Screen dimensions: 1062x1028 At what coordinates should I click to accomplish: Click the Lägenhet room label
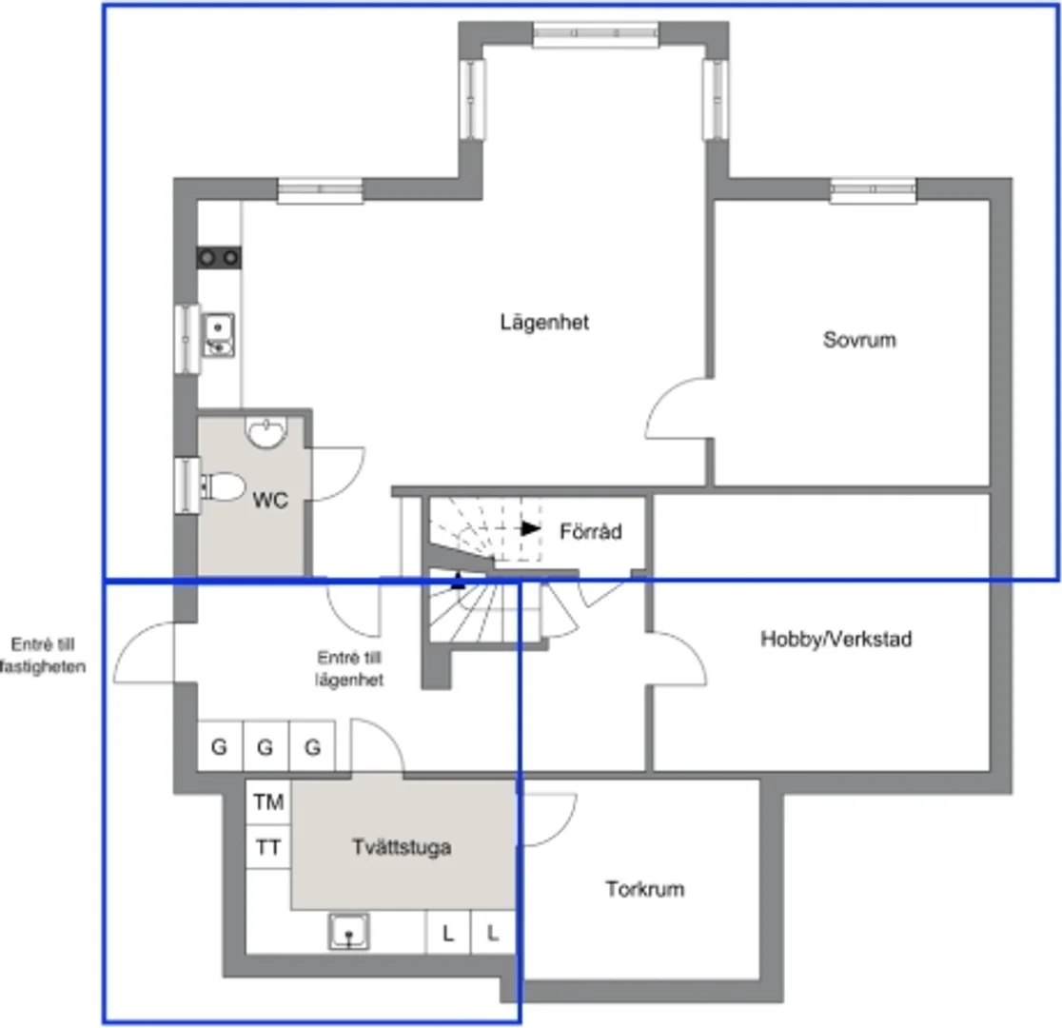(x=544, y=323)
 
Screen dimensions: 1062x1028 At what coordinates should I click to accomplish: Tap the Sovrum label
(x=859, y=340)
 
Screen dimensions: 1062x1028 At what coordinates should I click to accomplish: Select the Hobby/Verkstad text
(x=836, y=639)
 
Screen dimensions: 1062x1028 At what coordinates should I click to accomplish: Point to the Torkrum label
(x=645, y=889)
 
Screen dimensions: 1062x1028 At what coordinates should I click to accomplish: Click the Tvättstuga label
(x=402, y=847)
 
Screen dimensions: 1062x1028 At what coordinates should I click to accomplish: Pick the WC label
(x=270, y=500)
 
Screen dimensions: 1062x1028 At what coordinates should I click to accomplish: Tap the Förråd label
(x=591, y=531)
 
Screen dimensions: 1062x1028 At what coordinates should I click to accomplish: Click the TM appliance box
(x=268, y=802)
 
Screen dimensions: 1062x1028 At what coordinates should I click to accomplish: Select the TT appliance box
(x=268, y=847)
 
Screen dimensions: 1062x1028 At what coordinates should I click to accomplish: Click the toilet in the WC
(x=223, y=486)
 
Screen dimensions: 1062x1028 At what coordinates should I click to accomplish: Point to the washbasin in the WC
(x=265, y=432)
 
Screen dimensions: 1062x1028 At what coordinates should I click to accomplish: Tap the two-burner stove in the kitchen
(x=219, y=258)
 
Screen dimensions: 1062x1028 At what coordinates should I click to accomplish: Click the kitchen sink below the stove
(x=218, y=335)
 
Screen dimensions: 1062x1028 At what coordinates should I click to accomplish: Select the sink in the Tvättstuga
(x=349, y=932)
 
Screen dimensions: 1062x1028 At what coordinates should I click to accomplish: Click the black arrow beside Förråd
(x=530, y=528)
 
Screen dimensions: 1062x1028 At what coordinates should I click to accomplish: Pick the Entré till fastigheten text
(x=42, y=655)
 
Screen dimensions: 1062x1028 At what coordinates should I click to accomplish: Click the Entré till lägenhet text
(x=349, y=668)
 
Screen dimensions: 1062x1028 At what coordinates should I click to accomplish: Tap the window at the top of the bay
(x=596, y=34)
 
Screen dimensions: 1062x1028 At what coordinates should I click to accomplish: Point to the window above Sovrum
(x=873, y=190)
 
